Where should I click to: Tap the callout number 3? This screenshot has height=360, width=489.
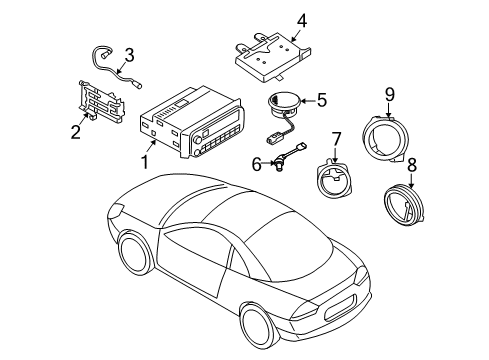(128, 55)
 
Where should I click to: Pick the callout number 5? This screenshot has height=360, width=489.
(321, 99)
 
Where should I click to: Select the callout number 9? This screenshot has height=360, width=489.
(391, 94)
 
